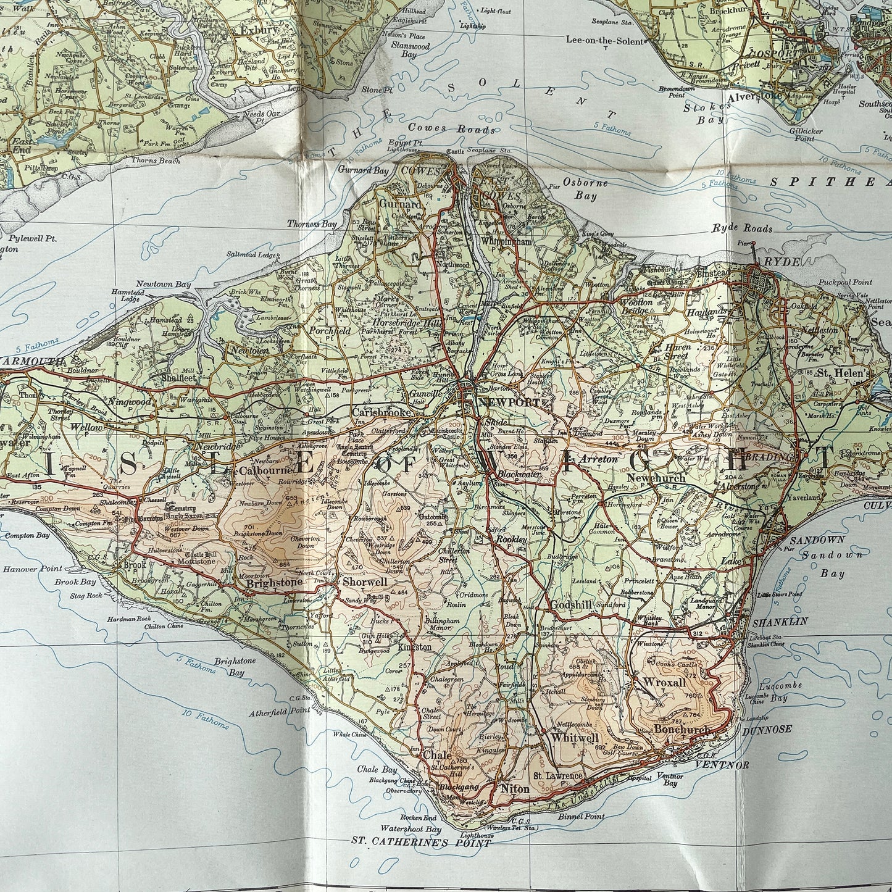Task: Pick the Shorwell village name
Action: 365,581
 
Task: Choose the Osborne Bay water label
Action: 586,190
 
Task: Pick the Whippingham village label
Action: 506,242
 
